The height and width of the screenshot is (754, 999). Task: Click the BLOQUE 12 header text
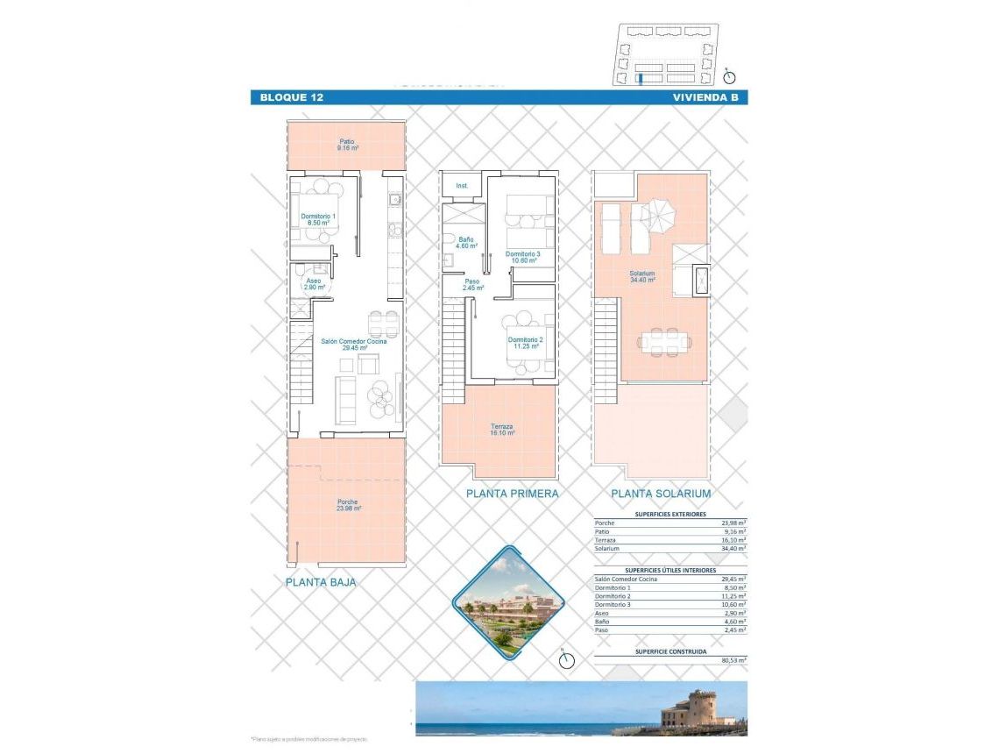pos(292,97)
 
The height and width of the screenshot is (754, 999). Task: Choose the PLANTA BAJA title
pos(321,581)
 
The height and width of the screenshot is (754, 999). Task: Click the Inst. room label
pos(462,186)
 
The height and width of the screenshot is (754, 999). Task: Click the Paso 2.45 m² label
pos(473,284)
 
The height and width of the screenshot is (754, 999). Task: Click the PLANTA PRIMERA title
pos(512,494)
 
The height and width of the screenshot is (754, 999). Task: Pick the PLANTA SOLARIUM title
pos(661,494)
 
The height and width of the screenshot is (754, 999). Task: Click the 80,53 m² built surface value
pos(733,660)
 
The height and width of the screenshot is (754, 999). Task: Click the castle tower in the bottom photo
pos(699,708)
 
